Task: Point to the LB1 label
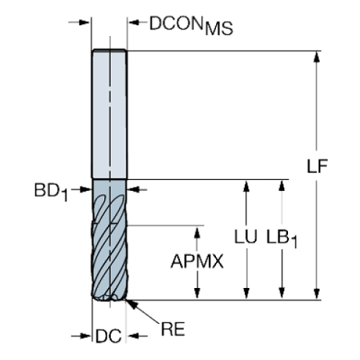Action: pos(283,239)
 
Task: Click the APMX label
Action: pos(196,262)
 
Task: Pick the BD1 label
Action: pos(50,192)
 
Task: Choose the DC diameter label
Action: pos(109,336)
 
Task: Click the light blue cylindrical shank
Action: pos(110,114)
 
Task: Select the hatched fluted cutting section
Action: pos(110,242)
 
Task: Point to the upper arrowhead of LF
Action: pos(317,57)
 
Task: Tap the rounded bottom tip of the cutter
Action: pos(110,298)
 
